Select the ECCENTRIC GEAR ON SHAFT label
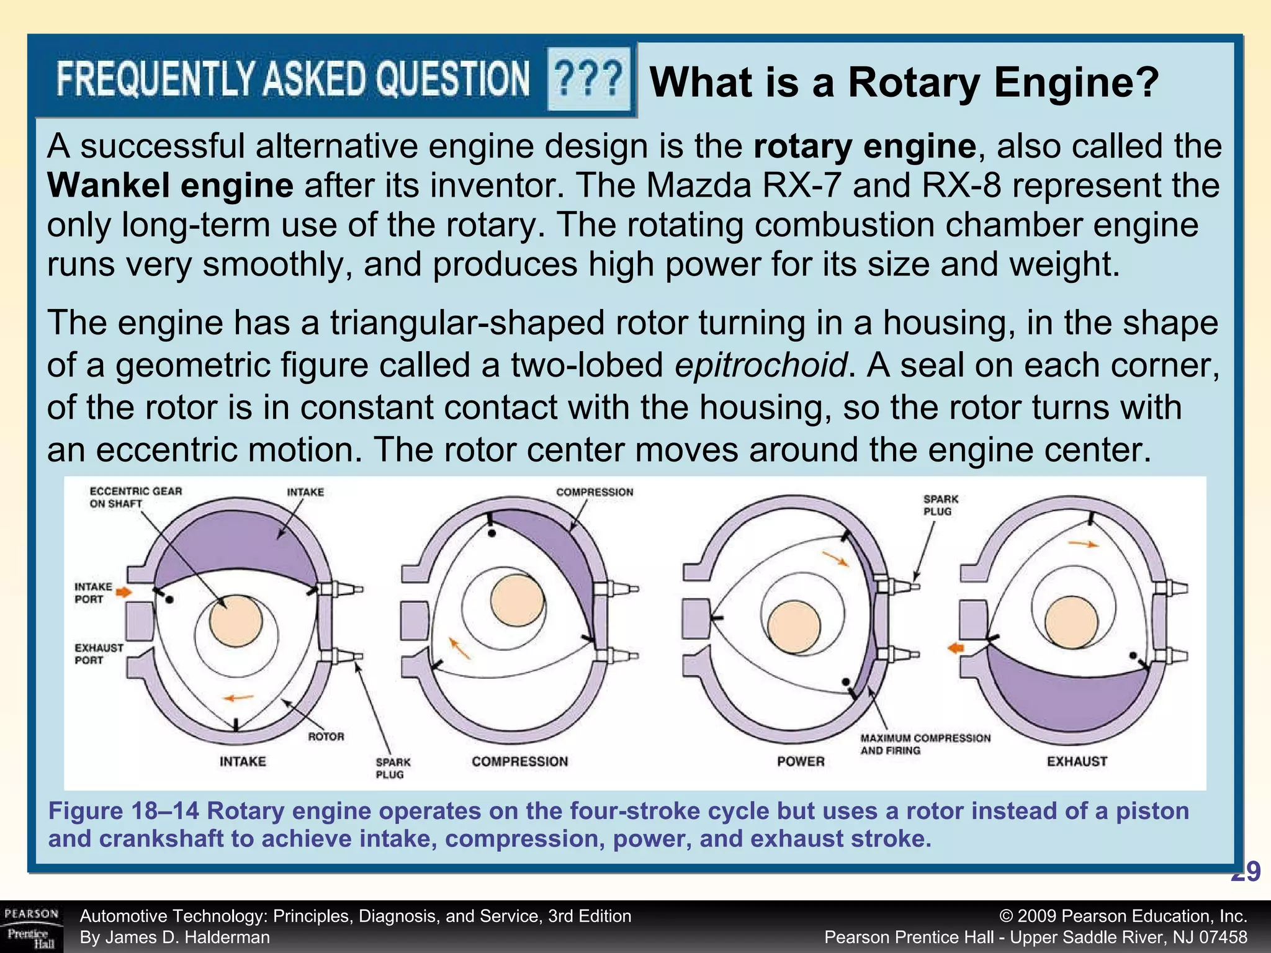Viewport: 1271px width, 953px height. point(136,498)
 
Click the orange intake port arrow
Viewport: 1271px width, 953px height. point(124,592)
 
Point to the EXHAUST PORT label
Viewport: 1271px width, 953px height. point(99,654)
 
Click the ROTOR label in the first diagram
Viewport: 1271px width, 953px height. point(326,736)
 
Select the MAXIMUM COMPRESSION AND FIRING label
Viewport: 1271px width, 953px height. point(925,744)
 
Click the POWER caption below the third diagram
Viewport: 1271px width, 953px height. point(801,761)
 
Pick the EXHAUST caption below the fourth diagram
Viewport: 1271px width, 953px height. point(1077,761)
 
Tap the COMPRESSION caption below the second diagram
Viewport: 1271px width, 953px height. point(519,761)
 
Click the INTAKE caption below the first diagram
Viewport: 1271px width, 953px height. point(243,761)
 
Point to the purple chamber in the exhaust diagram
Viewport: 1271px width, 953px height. point(1067,692)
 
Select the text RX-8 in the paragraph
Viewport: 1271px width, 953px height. point(961,186)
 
